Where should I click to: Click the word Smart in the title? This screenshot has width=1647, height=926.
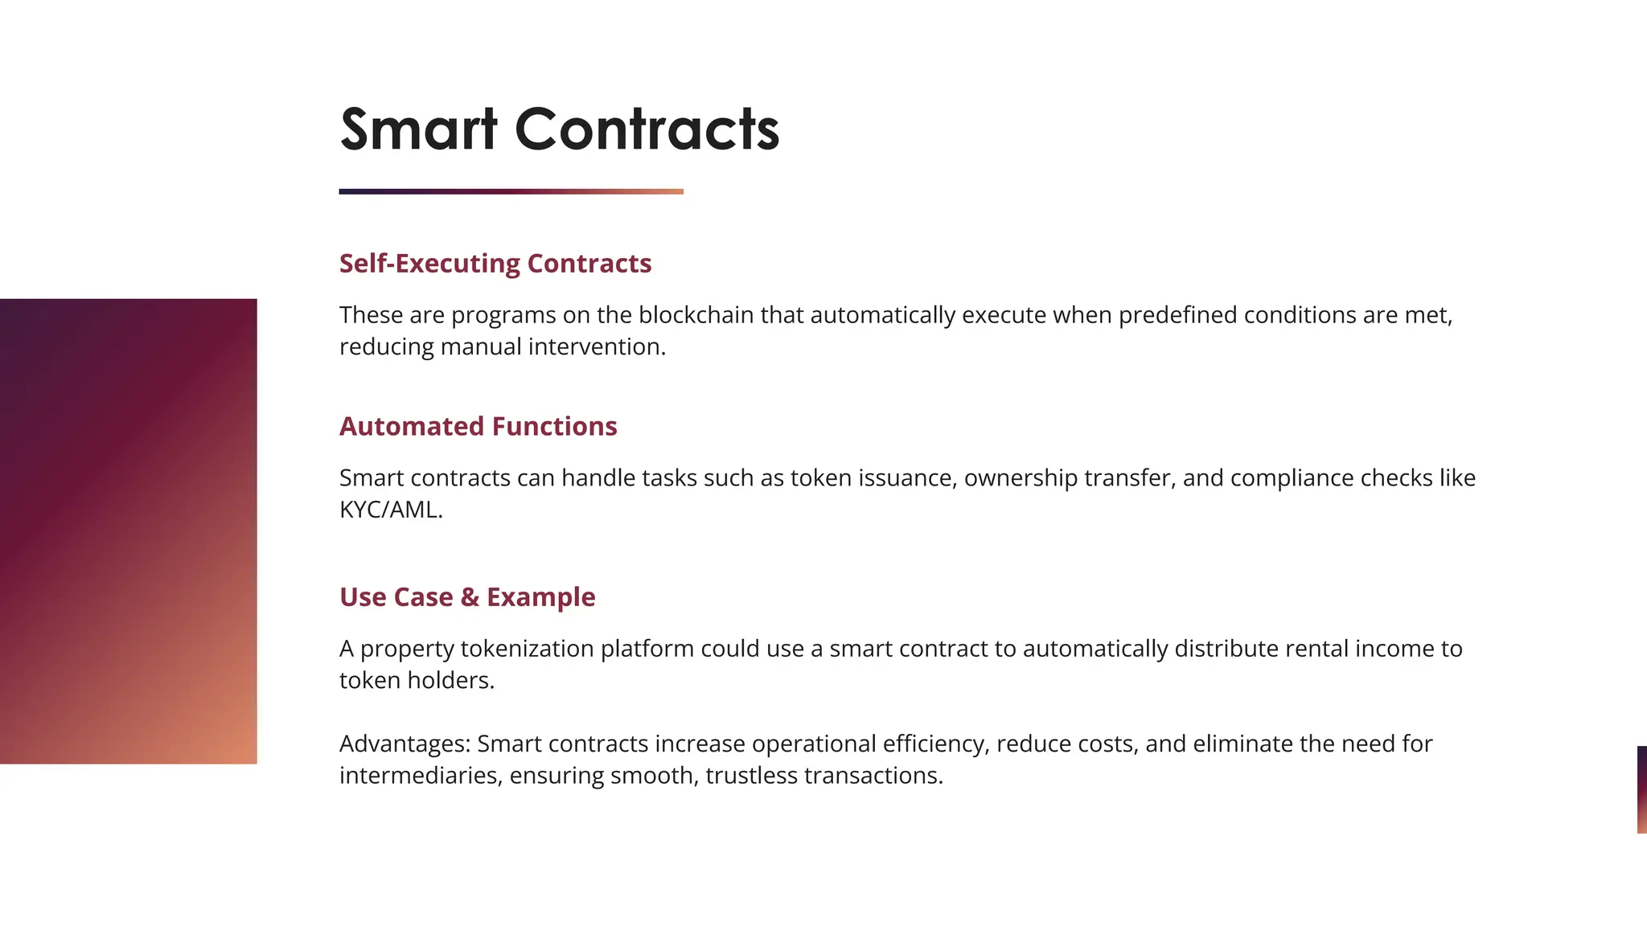point(418,129)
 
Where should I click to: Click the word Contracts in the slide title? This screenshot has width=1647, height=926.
point(647,129)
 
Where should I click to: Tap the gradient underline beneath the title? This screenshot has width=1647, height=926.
point(511,191)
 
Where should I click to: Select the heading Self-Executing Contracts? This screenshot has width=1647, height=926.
point(495,264)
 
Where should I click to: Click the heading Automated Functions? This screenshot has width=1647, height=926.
point(478,426)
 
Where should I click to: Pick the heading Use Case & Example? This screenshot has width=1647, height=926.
point(466,597)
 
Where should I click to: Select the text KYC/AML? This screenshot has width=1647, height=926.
point(390,510)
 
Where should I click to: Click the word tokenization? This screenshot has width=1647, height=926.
point(527,649)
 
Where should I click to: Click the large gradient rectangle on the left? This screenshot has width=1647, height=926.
point(129,531)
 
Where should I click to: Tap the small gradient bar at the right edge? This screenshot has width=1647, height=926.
point(1641,789)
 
